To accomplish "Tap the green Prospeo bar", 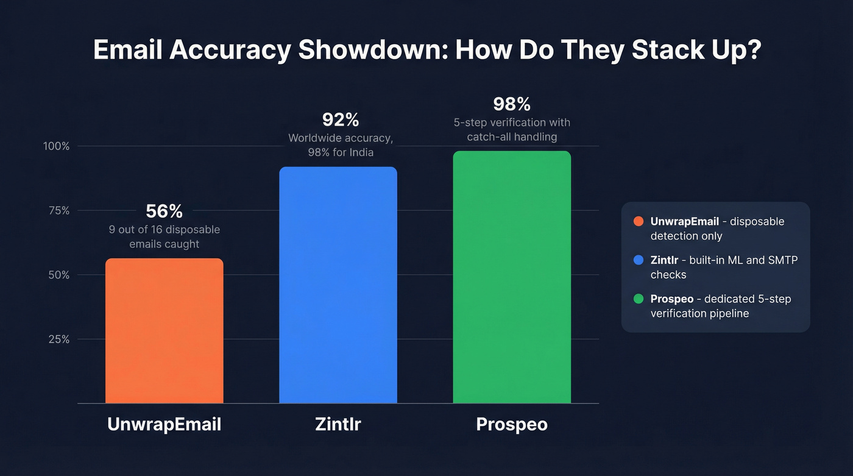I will coord(512,277).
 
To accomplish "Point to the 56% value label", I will coord(164,211).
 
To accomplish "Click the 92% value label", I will coord(341,119).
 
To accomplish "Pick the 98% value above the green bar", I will coord(512,104).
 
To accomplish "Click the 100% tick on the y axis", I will coord(56,146).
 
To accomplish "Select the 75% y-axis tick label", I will coord(58,211).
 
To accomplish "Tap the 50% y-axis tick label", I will coord(58,275).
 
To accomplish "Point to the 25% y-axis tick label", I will coord(58,339).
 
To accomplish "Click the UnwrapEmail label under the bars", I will coord(164,424).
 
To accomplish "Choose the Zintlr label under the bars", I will coord(338,424).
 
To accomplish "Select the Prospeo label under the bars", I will coord(512,424).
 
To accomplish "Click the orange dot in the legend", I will coord(639,221).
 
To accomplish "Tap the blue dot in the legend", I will coord(639,260).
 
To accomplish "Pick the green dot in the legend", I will coord(639,299).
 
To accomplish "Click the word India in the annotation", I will coord(359,152).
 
